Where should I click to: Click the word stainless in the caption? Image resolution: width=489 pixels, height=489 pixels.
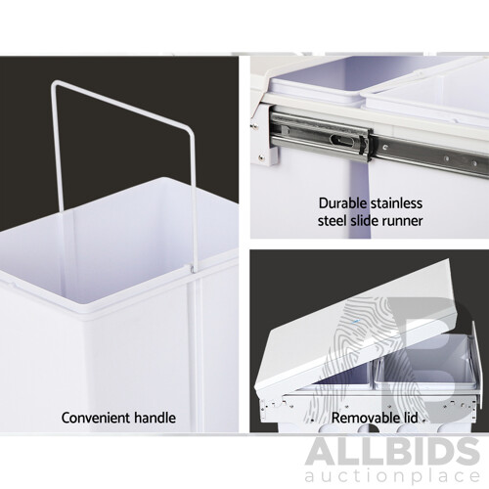395,204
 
